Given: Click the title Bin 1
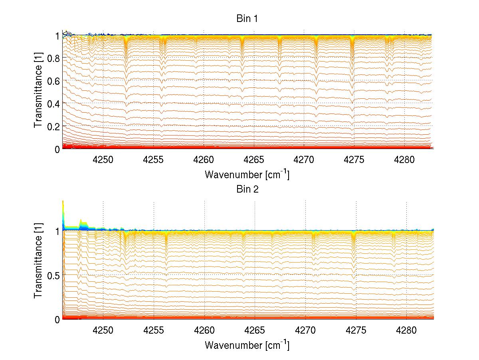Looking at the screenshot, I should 247,19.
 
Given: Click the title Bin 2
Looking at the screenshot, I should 247,189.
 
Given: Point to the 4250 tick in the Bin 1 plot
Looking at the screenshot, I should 103,160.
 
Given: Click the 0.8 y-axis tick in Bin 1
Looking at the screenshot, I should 53,58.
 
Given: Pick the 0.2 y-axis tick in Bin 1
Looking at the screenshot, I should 53,126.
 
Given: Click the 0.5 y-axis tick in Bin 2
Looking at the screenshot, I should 53,275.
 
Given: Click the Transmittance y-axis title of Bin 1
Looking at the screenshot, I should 38,92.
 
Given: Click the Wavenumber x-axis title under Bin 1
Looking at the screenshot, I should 247,175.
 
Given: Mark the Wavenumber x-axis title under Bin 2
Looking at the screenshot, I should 247,345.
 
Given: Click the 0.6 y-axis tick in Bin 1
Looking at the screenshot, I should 53,81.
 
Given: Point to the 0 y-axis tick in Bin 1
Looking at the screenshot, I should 57,149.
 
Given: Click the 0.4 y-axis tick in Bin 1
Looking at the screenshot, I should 53,103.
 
